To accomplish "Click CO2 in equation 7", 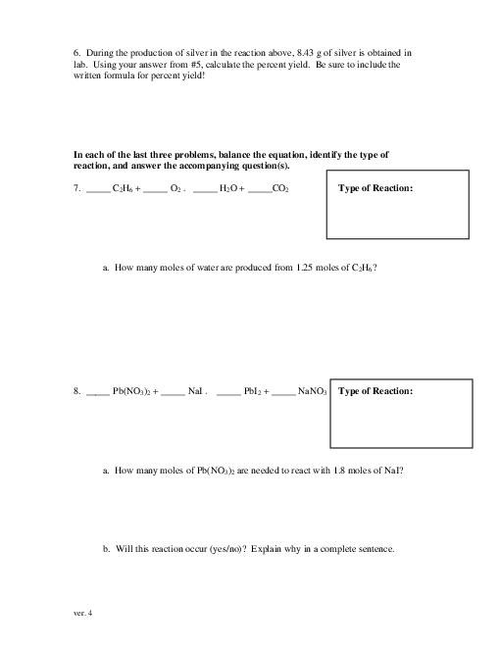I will [x=280, y=188].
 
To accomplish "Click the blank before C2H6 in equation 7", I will [x=98, y=188].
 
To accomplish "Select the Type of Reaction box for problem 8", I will [x=397, y=414].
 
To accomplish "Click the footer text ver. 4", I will [x=82, y=613].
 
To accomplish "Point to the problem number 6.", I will [x=76, y=51].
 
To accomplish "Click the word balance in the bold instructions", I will [x=230, y=155].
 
